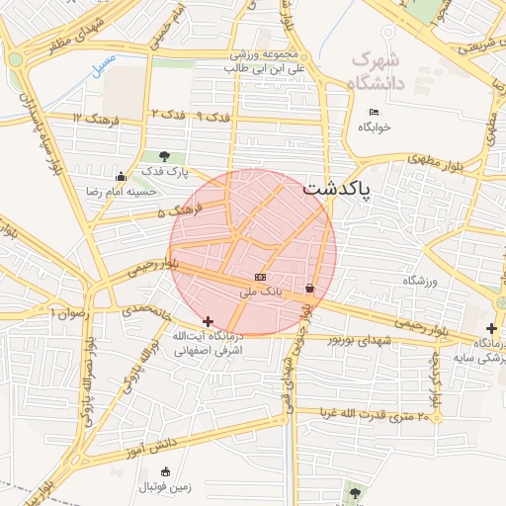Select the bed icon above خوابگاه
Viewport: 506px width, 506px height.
click(x=374, y=112)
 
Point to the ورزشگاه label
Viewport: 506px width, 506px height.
click(x=419, y=282)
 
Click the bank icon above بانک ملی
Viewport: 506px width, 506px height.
click(x=260, y=278)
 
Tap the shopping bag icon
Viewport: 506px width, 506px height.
click(x=310, y=289)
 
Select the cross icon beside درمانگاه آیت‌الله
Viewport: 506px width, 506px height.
click(x=208, y=321)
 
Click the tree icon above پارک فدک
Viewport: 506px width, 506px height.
click(x=164, y=156)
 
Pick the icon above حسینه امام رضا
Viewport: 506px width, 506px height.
click(x=121, y=177)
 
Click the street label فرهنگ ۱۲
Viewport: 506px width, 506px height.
click(x=95, y=120)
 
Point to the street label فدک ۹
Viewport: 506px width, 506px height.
click(x=212, y=117)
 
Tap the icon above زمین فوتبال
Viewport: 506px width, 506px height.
click(x=165, y=470)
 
